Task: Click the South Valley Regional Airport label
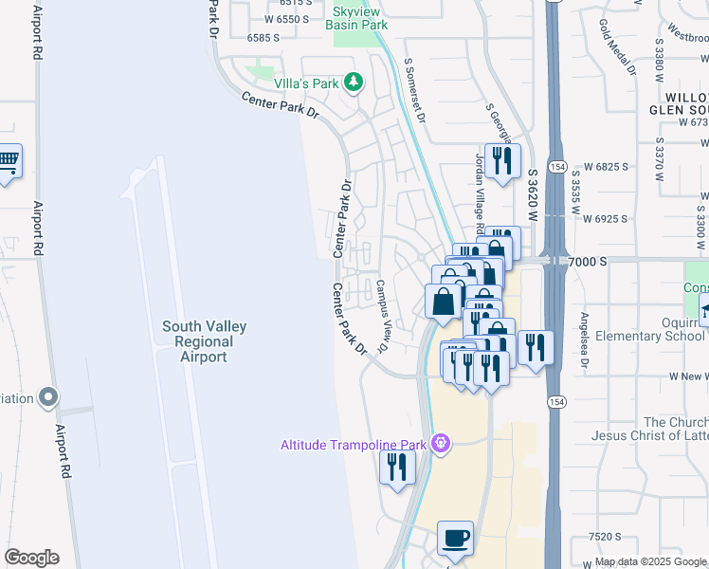point(204,341)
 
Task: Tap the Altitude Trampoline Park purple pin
point(439,443)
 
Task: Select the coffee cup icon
point(455,538)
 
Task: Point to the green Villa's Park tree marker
point(354,83)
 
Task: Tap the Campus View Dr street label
point(383,317)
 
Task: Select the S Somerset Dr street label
point(415,85)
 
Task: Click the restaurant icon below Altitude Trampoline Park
point(397,467)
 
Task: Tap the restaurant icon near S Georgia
point(502,160)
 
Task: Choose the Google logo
point(31,558)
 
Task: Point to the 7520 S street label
point(604,537)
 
